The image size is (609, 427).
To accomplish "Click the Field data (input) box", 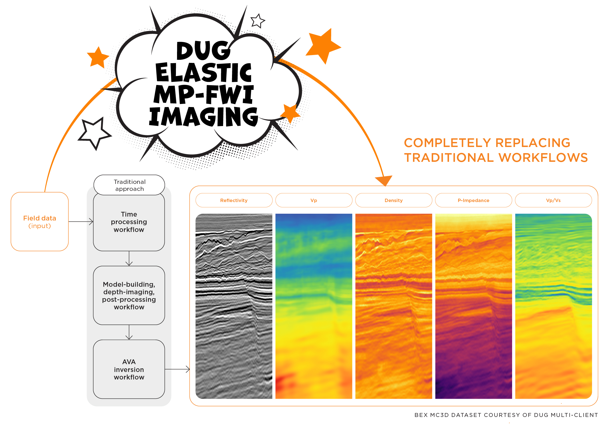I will coord(40,222).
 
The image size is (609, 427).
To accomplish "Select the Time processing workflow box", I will coord(129,222).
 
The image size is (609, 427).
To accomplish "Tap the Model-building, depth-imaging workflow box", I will coord(129,295).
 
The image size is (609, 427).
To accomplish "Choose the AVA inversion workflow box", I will coord(129,369).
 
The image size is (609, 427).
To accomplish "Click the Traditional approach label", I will coord(129,185).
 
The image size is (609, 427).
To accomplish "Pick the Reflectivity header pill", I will coord(234,200).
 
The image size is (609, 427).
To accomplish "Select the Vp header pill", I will coord(314,200).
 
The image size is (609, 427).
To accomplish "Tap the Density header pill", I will coord(393,200).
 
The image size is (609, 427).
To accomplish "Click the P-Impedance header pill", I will coord(473,200).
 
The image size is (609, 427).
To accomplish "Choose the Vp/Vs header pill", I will coord(553,200).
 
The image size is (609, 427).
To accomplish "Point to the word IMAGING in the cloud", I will coord(204,117).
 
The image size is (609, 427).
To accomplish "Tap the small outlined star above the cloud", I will coord(257,21).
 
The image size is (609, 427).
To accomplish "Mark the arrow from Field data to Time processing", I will coord(81,222).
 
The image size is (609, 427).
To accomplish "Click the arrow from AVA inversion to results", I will coord(177,369).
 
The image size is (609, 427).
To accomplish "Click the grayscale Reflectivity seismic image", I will coord(234,306).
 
